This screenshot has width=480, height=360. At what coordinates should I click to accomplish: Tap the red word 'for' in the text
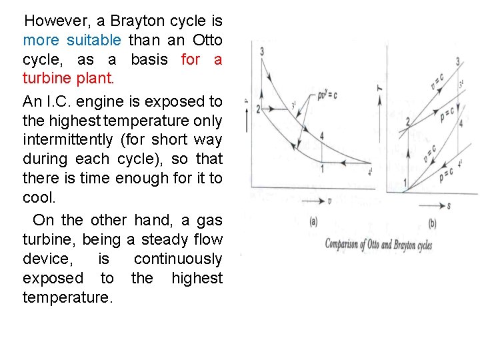pyautogui.click(x=191, y=59)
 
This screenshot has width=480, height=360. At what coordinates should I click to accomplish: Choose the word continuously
pyautogui.click(x=178, y=258)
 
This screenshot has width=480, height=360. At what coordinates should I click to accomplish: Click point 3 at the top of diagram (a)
pyautogui.click(x=262, y=51)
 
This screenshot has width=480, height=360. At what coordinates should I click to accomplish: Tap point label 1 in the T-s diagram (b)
pyautogui.click(x=405, y=183)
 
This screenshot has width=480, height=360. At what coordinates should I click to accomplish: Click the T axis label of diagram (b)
pyautogui.click(x=379, y=86)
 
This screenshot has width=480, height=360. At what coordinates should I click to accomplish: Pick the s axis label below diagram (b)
pyautogui.click(x=449, y=207)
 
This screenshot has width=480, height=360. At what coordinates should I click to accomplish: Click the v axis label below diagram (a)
pyautogui.click(x=331, y=201)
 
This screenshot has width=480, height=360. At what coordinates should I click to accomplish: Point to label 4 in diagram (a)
pyautogui.click(x=322, y=136)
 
